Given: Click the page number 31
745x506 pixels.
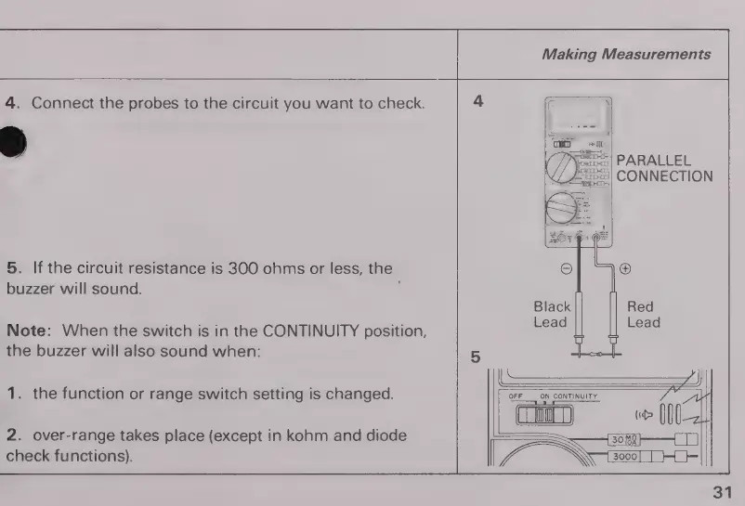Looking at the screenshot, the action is point(722,489).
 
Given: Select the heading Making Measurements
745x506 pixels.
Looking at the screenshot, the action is point(626,55).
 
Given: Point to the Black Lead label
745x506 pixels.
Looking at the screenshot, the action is point(552,315).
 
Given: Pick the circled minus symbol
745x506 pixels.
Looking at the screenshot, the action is point(566,269).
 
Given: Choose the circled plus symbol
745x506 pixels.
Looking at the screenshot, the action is point(624,269).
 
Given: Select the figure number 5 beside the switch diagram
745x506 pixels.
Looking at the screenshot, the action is point(477,355).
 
